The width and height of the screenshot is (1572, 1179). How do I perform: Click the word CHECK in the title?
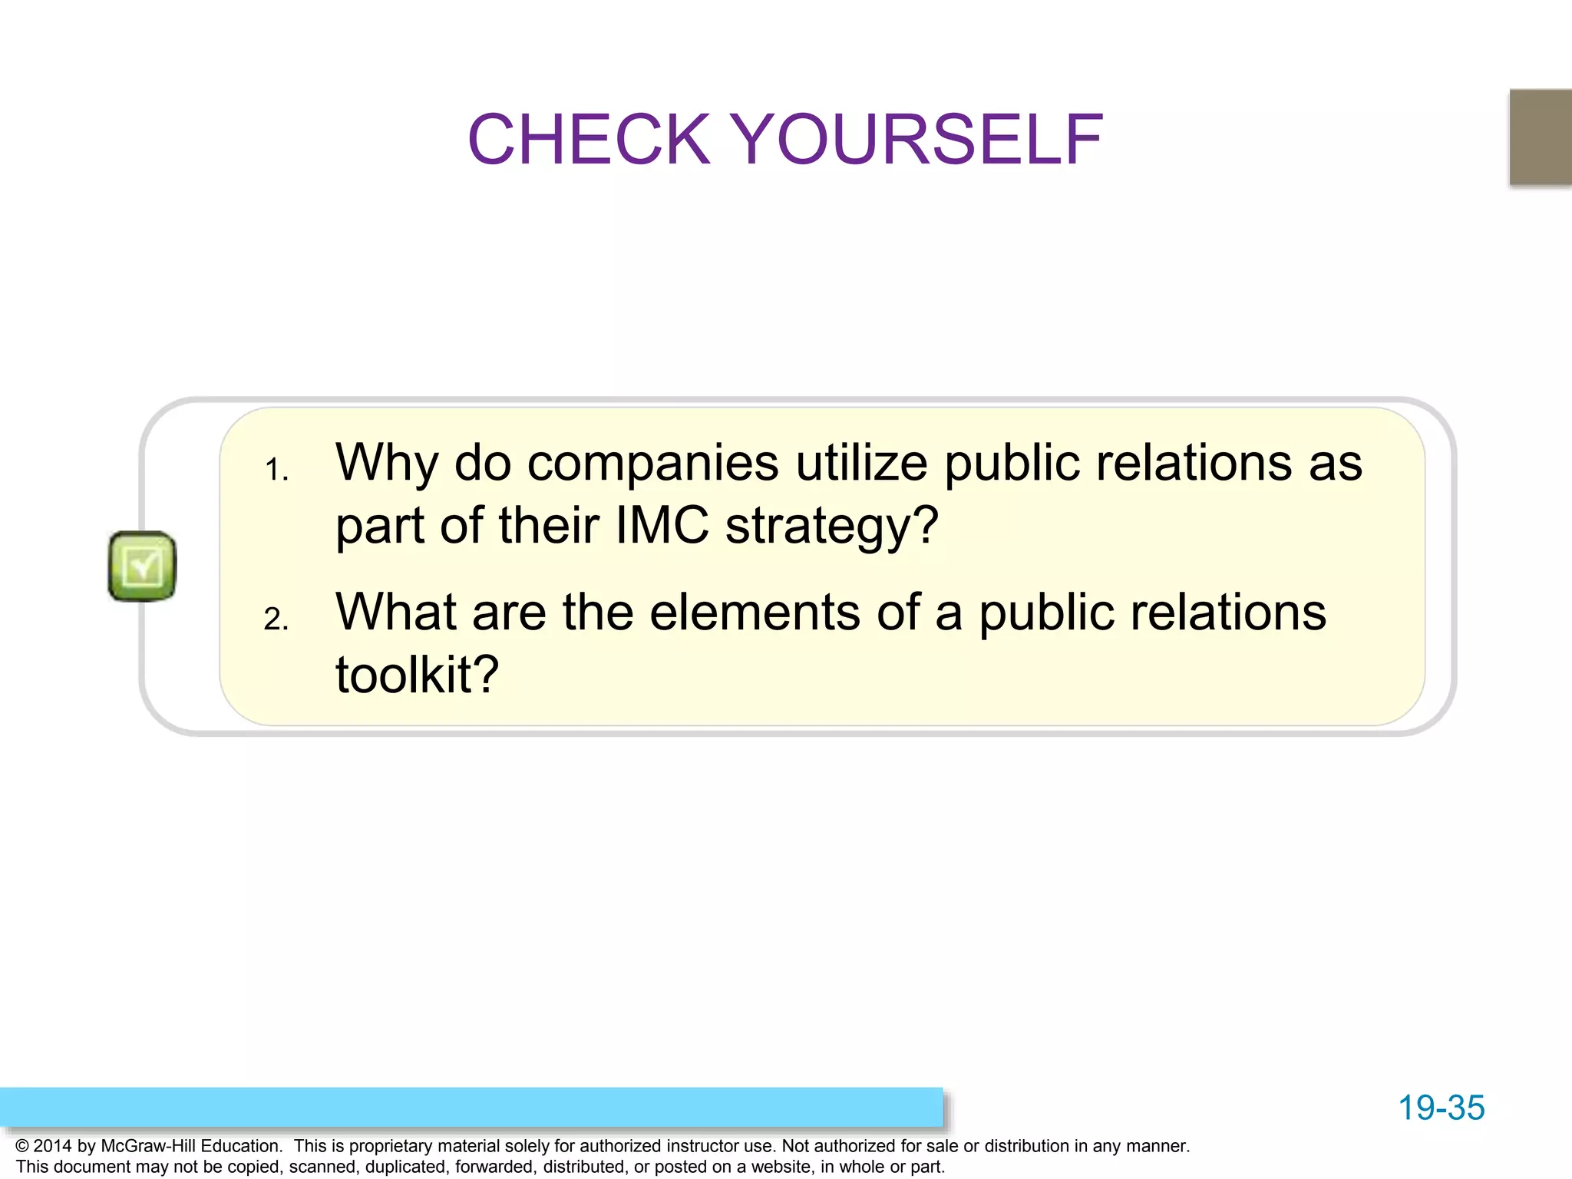pyautogui.click(x=589, y=140)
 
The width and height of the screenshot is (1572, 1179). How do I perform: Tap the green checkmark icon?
pyautogui.click(x=142, y=566)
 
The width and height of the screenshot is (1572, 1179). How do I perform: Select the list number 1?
pyautogui.click(x=276, y=470)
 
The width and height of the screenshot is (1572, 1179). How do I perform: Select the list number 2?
pyautogui.click(x=276, y=619)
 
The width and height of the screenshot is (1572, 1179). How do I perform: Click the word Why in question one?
pyautogui.click(x=387, y=463)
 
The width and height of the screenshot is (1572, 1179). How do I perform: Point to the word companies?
pyautogui.click(x=653, y=463)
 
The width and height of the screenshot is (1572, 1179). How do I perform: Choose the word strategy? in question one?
pyautogui.click(x=832, y=527)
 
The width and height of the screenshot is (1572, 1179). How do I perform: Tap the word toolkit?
pyautogui.click(x=418, y=675)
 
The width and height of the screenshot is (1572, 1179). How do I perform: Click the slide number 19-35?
pyautogui.click(x=1441, y=1108)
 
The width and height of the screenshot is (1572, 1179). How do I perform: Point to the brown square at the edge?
pyautogui.click(x=1541, y=137)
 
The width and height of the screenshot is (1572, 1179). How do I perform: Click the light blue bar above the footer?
pyautogui.click(x=471, y=1107)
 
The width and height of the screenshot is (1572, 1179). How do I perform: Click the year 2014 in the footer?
pyautogui.click(x=53, y=1146)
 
